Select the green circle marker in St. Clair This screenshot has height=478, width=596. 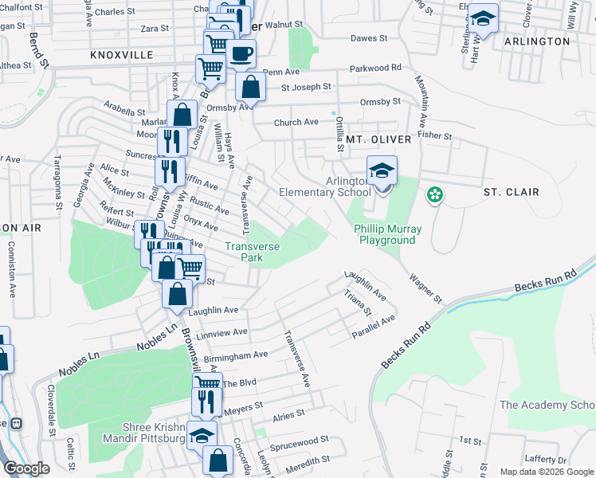click(434, 194)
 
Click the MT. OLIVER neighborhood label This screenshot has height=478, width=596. click(378, 139)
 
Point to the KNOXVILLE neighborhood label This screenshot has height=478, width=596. click(122, 55)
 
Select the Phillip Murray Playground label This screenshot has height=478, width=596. click(386, 234)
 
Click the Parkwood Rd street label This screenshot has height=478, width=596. click(378, 69)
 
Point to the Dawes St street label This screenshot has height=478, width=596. click(369, 37)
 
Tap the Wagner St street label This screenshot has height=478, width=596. click(425, 288)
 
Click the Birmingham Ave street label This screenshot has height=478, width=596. click(235, 355)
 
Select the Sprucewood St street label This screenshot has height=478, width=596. click(299, 440)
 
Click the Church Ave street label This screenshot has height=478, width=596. click(296, 122)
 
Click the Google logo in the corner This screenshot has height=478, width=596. click(26, 468)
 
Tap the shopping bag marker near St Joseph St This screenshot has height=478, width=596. click(250, 88)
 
